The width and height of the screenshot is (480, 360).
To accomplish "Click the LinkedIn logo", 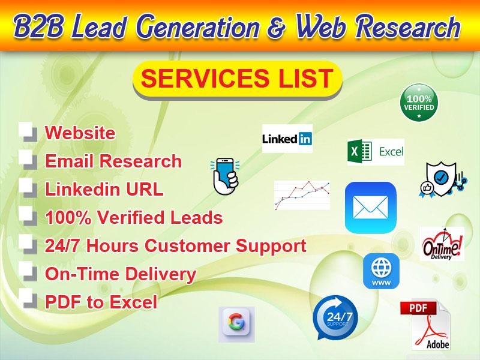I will click(287, 139).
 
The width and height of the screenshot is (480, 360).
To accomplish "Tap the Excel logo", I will click(376, 152).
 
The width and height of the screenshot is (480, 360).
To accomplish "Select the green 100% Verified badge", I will click(419, 102).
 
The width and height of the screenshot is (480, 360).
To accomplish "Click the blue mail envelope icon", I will click(370, 208).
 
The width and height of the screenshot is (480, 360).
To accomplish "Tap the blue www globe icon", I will click(381, 271).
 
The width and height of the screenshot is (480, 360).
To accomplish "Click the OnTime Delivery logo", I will click(442, 244).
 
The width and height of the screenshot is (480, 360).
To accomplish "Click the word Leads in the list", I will click(195, 217).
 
